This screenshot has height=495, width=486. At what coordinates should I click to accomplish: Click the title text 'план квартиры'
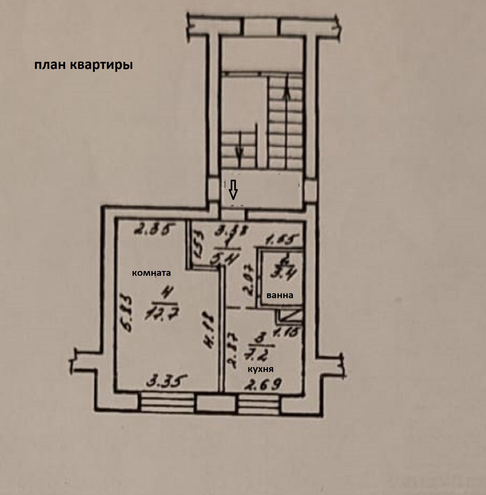(83, 65)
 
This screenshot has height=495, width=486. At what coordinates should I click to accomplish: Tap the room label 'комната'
(151, 273)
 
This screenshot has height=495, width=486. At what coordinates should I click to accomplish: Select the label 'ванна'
(280, 295)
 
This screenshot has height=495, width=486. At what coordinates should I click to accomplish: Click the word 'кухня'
(260, 369)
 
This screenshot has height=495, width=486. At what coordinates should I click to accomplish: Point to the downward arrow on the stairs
(239, 147)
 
